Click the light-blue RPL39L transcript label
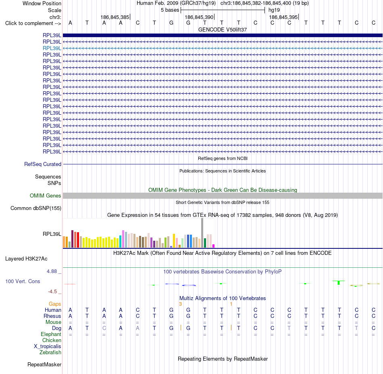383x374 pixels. click(x=52, y=48)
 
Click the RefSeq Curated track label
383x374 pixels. click(x=43, y=164)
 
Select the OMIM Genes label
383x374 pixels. click(x=46, y=196)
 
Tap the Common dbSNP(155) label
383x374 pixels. click(x=36, y=208)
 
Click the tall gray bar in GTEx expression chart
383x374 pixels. click(x=202, y=233)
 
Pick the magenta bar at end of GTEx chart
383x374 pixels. click(x=214, y=246)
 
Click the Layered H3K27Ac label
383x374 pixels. click(x=26, y=259)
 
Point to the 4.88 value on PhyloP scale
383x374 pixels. click(x=52, y=271)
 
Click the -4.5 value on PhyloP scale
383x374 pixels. click(x=52, y=292)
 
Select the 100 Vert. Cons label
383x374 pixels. click(x=23, y=282)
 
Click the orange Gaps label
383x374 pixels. click(x=55, y=304)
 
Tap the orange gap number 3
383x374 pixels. click(x=180, y=304)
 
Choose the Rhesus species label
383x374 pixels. click(x=52, y=316)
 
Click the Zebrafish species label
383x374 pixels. click(x=50, y=353)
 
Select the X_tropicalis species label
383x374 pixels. click(x=48, y=347)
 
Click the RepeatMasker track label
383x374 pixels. click(x=44, y=365)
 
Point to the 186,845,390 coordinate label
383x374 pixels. click(x=199, y=17)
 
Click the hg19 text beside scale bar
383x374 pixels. click(x=274, y=10)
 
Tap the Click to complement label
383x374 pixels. click(x=33, y=23)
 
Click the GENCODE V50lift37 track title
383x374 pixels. click(x=223, y=29)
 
